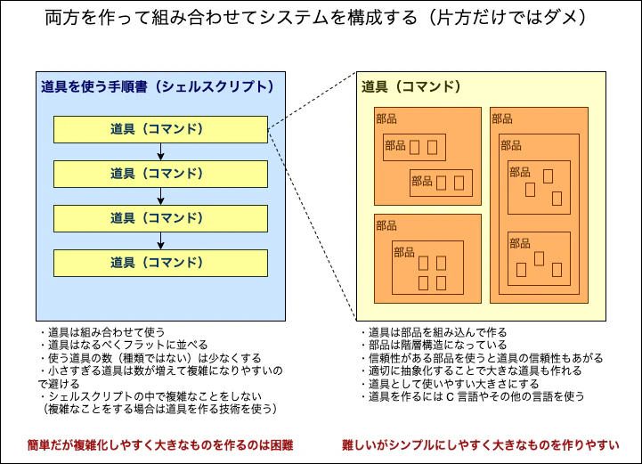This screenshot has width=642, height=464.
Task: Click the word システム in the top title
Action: pos(297,18)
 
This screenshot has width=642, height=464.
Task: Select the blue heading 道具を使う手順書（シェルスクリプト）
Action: pos(158,86)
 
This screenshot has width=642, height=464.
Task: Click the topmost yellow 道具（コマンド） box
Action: pos(160,129)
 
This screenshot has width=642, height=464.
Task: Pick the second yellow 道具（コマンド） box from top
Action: pos(160,174)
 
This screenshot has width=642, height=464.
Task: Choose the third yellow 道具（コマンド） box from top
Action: pos(160,219)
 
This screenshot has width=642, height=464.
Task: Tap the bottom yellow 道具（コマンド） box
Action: pos(160,264)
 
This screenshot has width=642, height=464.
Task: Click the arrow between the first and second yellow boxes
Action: pos(160,151)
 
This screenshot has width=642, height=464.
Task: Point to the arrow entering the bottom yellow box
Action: pos(160,240)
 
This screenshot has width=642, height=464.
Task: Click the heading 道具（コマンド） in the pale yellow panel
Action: pos(411,86)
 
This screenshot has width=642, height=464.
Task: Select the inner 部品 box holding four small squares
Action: pos(427,267)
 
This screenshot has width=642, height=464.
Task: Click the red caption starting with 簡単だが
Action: pos(160,445)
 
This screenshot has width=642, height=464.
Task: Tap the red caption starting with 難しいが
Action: pos(481,445)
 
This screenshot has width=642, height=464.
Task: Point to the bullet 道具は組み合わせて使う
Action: pos(102,332)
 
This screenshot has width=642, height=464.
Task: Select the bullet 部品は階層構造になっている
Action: pos(434,345)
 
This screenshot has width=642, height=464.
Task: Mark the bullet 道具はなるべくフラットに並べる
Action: pos(124,345)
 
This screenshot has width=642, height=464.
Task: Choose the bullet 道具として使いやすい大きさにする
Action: pos(450,384)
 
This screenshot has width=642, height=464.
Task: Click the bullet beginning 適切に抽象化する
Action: pos(471,371)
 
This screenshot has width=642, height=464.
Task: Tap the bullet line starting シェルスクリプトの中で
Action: pos(150,396)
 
